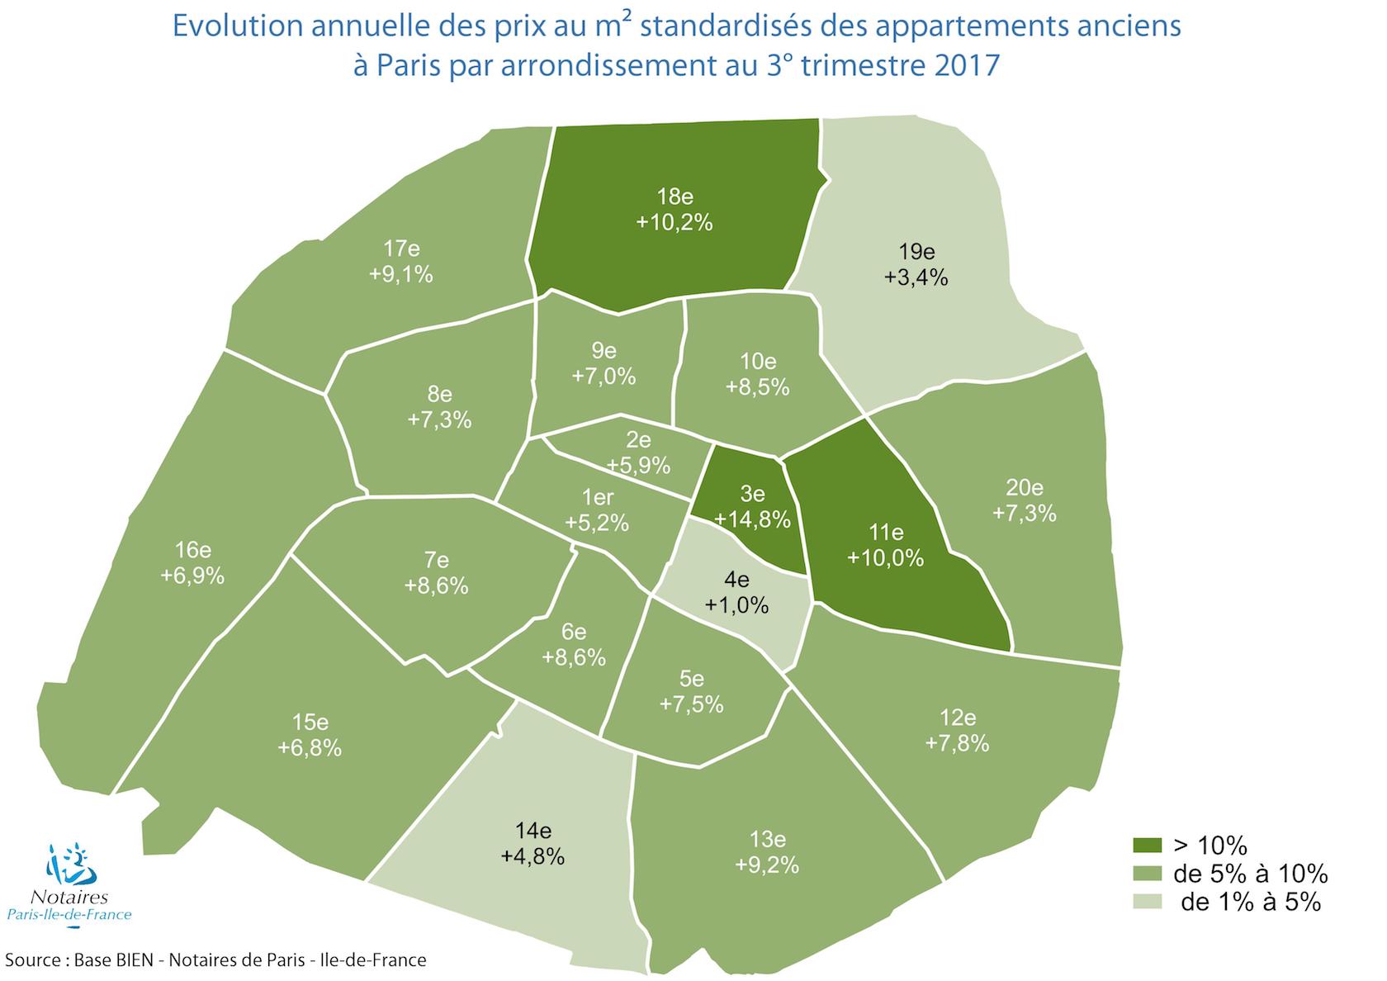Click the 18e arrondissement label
675,197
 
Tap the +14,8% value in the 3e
752,519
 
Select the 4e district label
736,580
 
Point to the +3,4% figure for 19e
916,277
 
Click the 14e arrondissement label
532,830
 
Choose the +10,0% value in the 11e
885,557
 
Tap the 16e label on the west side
192,550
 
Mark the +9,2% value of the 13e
767,865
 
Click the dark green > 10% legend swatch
1147,845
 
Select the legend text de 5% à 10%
1250,874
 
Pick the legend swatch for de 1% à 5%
1147,901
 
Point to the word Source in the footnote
32,960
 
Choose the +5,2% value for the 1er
597,523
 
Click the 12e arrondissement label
957,717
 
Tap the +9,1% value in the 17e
401,274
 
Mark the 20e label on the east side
1025,487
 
